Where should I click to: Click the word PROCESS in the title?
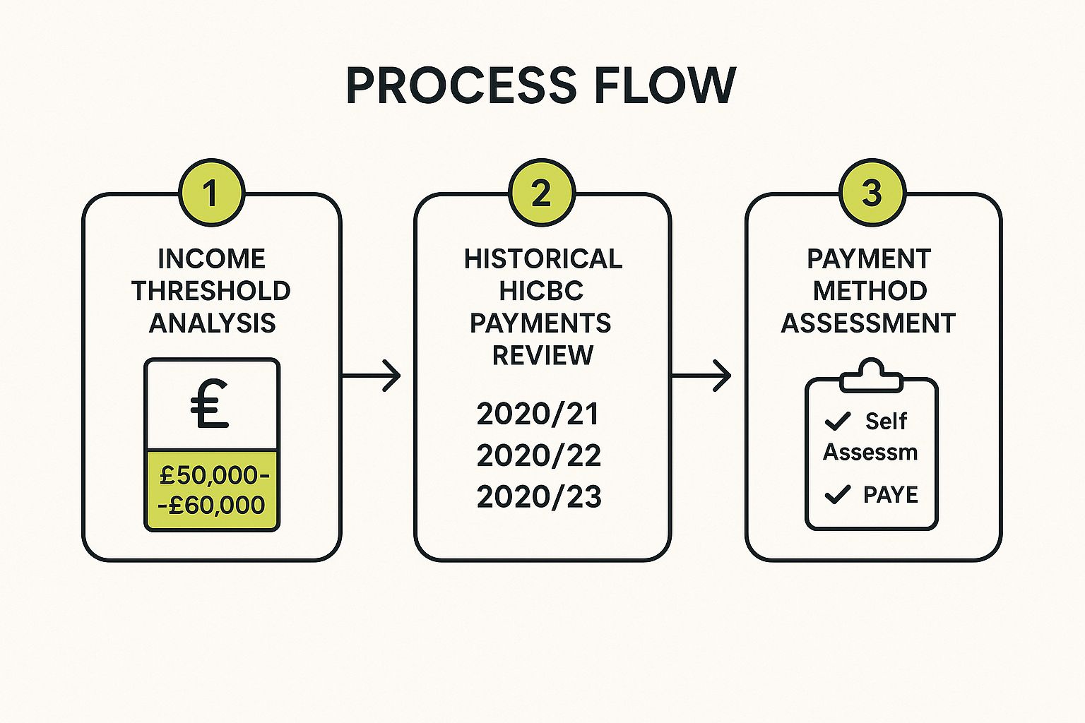461,86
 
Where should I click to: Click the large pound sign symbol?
211,405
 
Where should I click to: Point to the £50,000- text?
214,475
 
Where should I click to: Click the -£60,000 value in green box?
212,505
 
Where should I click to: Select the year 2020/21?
538,414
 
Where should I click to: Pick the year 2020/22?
538,455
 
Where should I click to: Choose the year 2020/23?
539,496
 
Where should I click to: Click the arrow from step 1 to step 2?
372,376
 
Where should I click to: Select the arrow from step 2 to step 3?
701,376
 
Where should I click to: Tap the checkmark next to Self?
838,422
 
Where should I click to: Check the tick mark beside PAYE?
838,494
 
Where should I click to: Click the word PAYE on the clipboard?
891,495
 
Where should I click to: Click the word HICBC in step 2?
541,291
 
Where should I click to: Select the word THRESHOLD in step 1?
211,291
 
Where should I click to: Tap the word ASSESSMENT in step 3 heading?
868,323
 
